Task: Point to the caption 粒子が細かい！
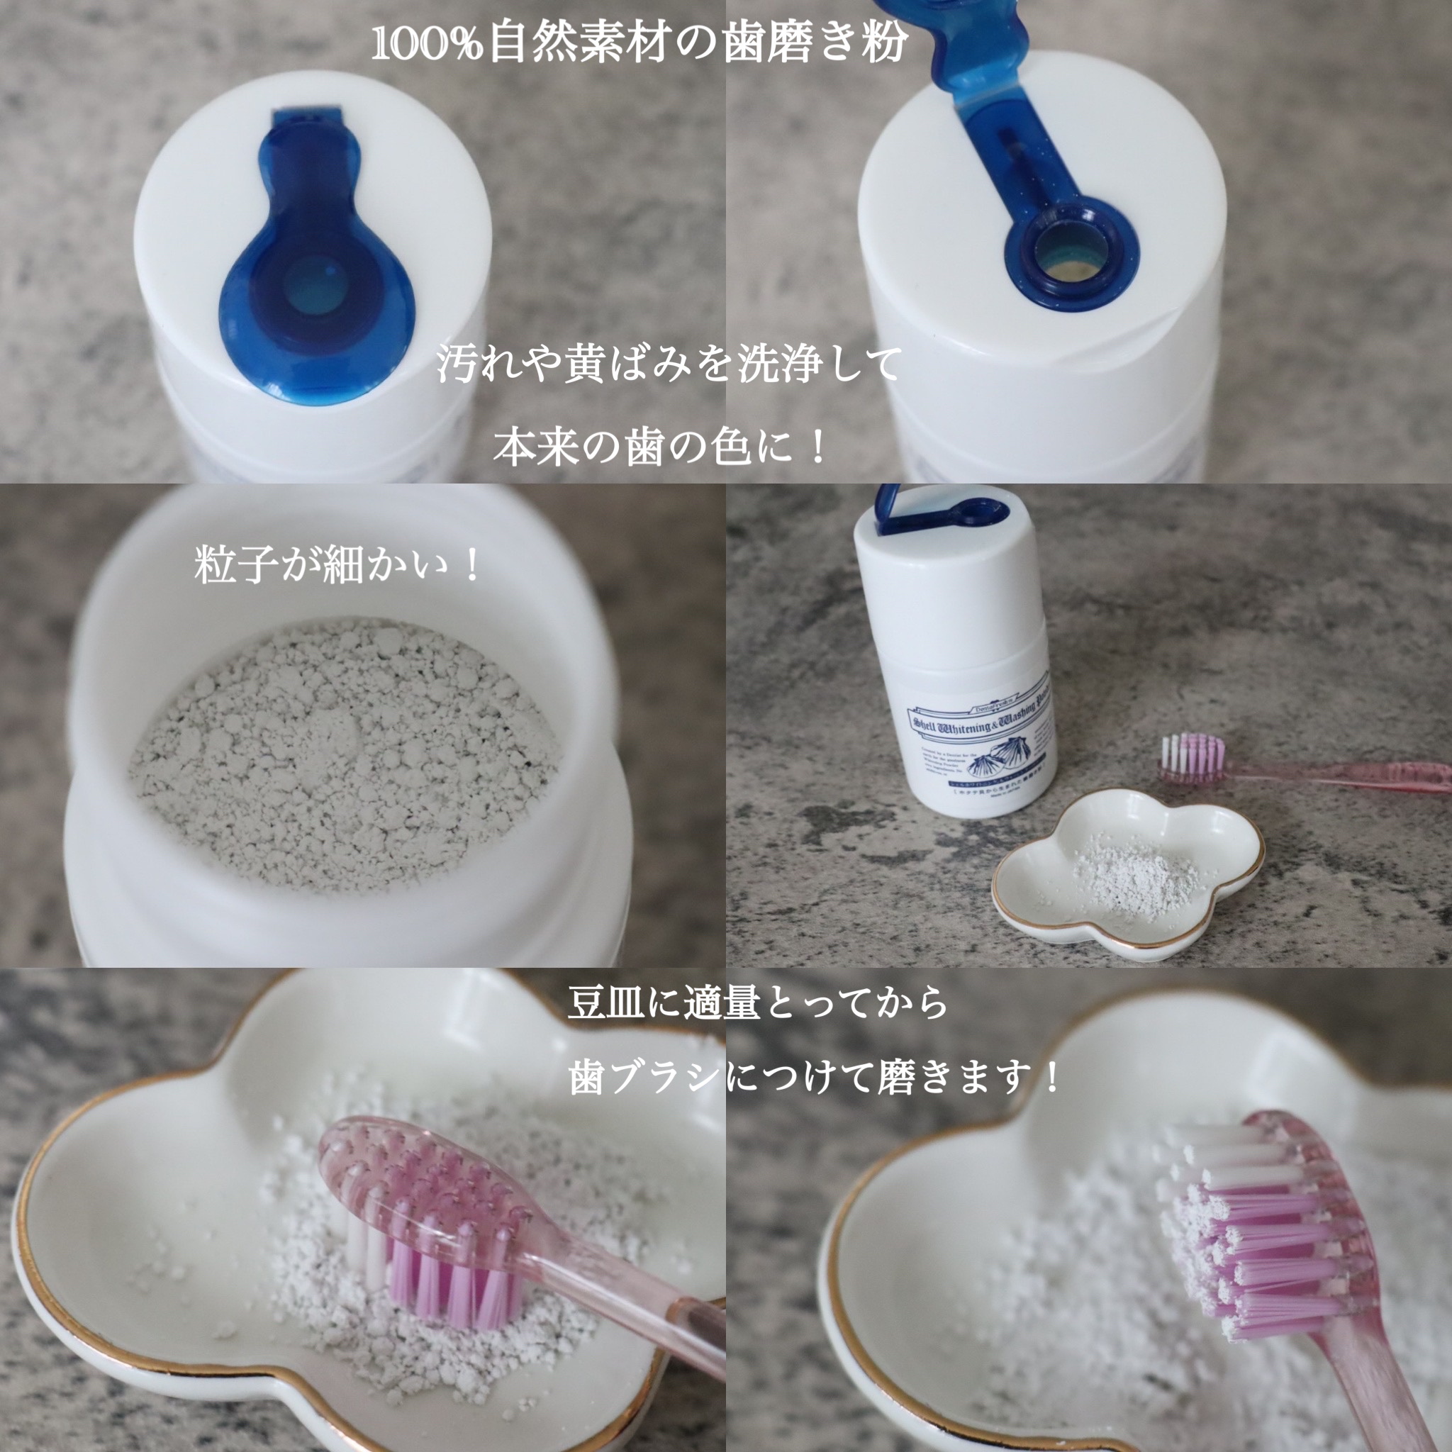pyautogui.click(x=338, y=565)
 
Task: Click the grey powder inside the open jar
pyautogui.click(x=346, y=759)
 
